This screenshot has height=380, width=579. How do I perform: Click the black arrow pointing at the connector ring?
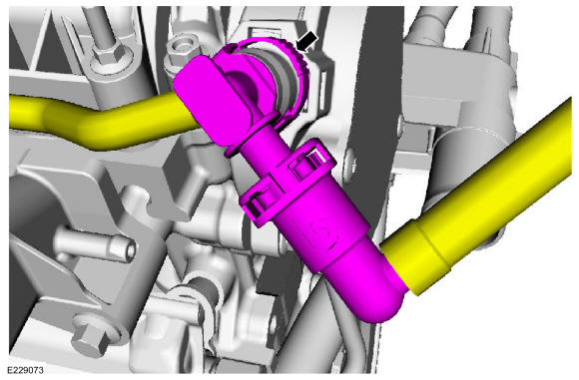click(x=306, y=41)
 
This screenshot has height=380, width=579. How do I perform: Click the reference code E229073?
click(x=26, y=370)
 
